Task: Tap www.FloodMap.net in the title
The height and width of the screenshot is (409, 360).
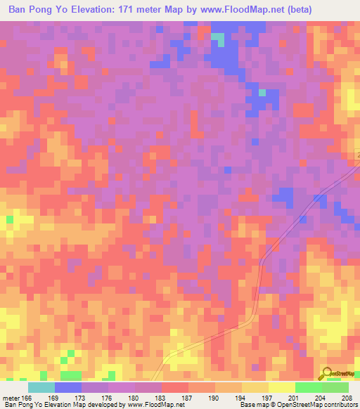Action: click(x=229, y=10)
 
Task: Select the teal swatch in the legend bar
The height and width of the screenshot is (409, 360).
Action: click(x=41, y=387)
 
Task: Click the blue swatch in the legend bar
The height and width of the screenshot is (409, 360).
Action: click(x=68, y=387)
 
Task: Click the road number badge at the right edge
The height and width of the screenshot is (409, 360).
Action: click(x=356, y=155)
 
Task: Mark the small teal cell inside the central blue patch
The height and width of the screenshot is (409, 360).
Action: click(x=262, y=93)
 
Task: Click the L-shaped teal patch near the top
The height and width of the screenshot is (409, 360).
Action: click(x=219, y=39)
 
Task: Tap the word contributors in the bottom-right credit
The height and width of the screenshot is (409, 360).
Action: click(x=341, y=405)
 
